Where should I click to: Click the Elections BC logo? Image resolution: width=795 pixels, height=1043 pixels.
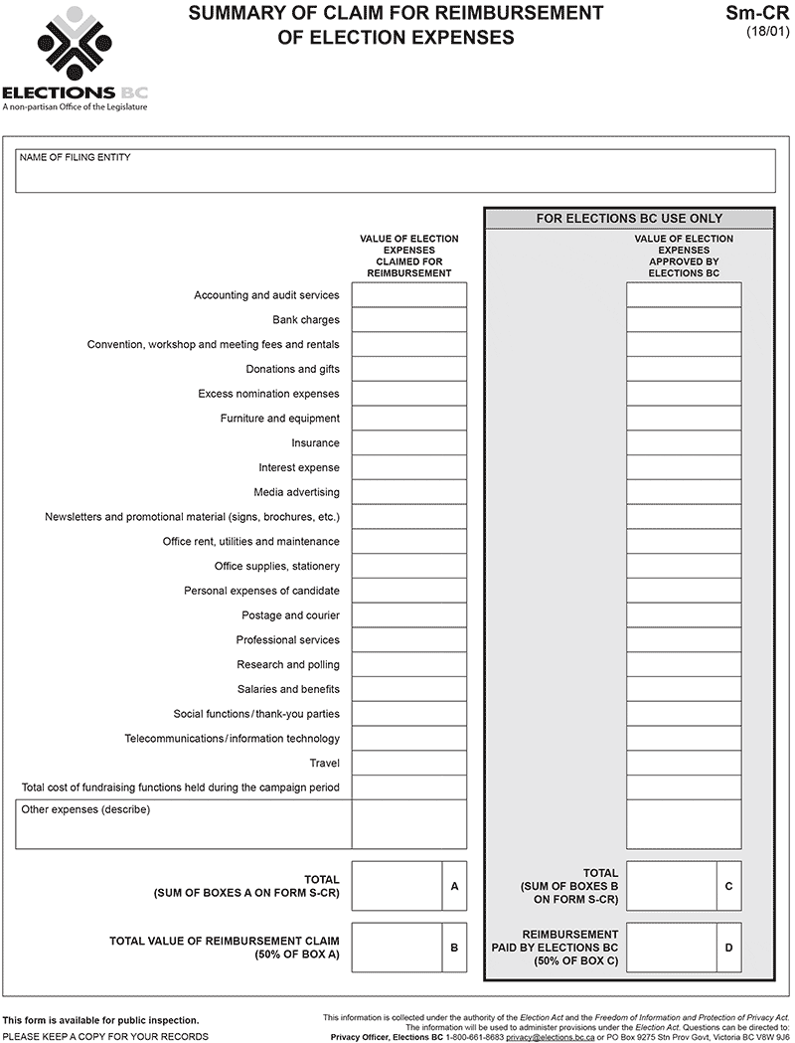(75, 58)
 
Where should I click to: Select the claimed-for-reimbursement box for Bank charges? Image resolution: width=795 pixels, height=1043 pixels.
(408, 320)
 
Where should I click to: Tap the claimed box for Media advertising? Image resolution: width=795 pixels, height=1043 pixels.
(408, 492)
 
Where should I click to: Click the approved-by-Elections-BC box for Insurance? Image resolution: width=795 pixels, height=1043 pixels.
(683, 443)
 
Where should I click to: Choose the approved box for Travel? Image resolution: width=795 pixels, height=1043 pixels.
(683, 764)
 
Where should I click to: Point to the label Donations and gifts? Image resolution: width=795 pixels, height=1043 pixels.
(292, 369)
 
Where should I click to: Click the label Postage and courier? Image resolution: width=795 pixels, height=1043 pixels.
(290, 615)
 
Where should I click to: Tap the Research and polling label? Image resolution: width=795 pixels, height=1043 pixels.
(287, 665)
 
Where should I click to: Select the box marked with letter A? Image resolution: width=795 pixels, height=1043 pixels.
(397, 886)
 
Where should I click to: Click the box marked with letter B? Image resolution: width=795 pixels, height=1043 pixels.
(397, 948)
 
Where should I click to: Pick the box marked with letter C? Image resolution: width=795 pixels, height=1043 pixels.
(671, 886)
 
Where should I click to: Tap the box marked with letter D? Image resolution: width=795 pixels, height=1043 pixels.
(671, 948)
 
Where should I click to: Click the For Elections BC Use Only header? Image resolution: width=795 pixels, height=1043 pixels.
(628, 219)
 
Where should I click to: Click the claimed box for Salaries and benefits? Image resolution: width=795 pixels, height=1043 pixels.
(408, 689)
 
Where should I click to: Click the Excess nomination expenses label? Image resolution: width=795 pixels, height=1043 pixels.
(268, 394)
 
